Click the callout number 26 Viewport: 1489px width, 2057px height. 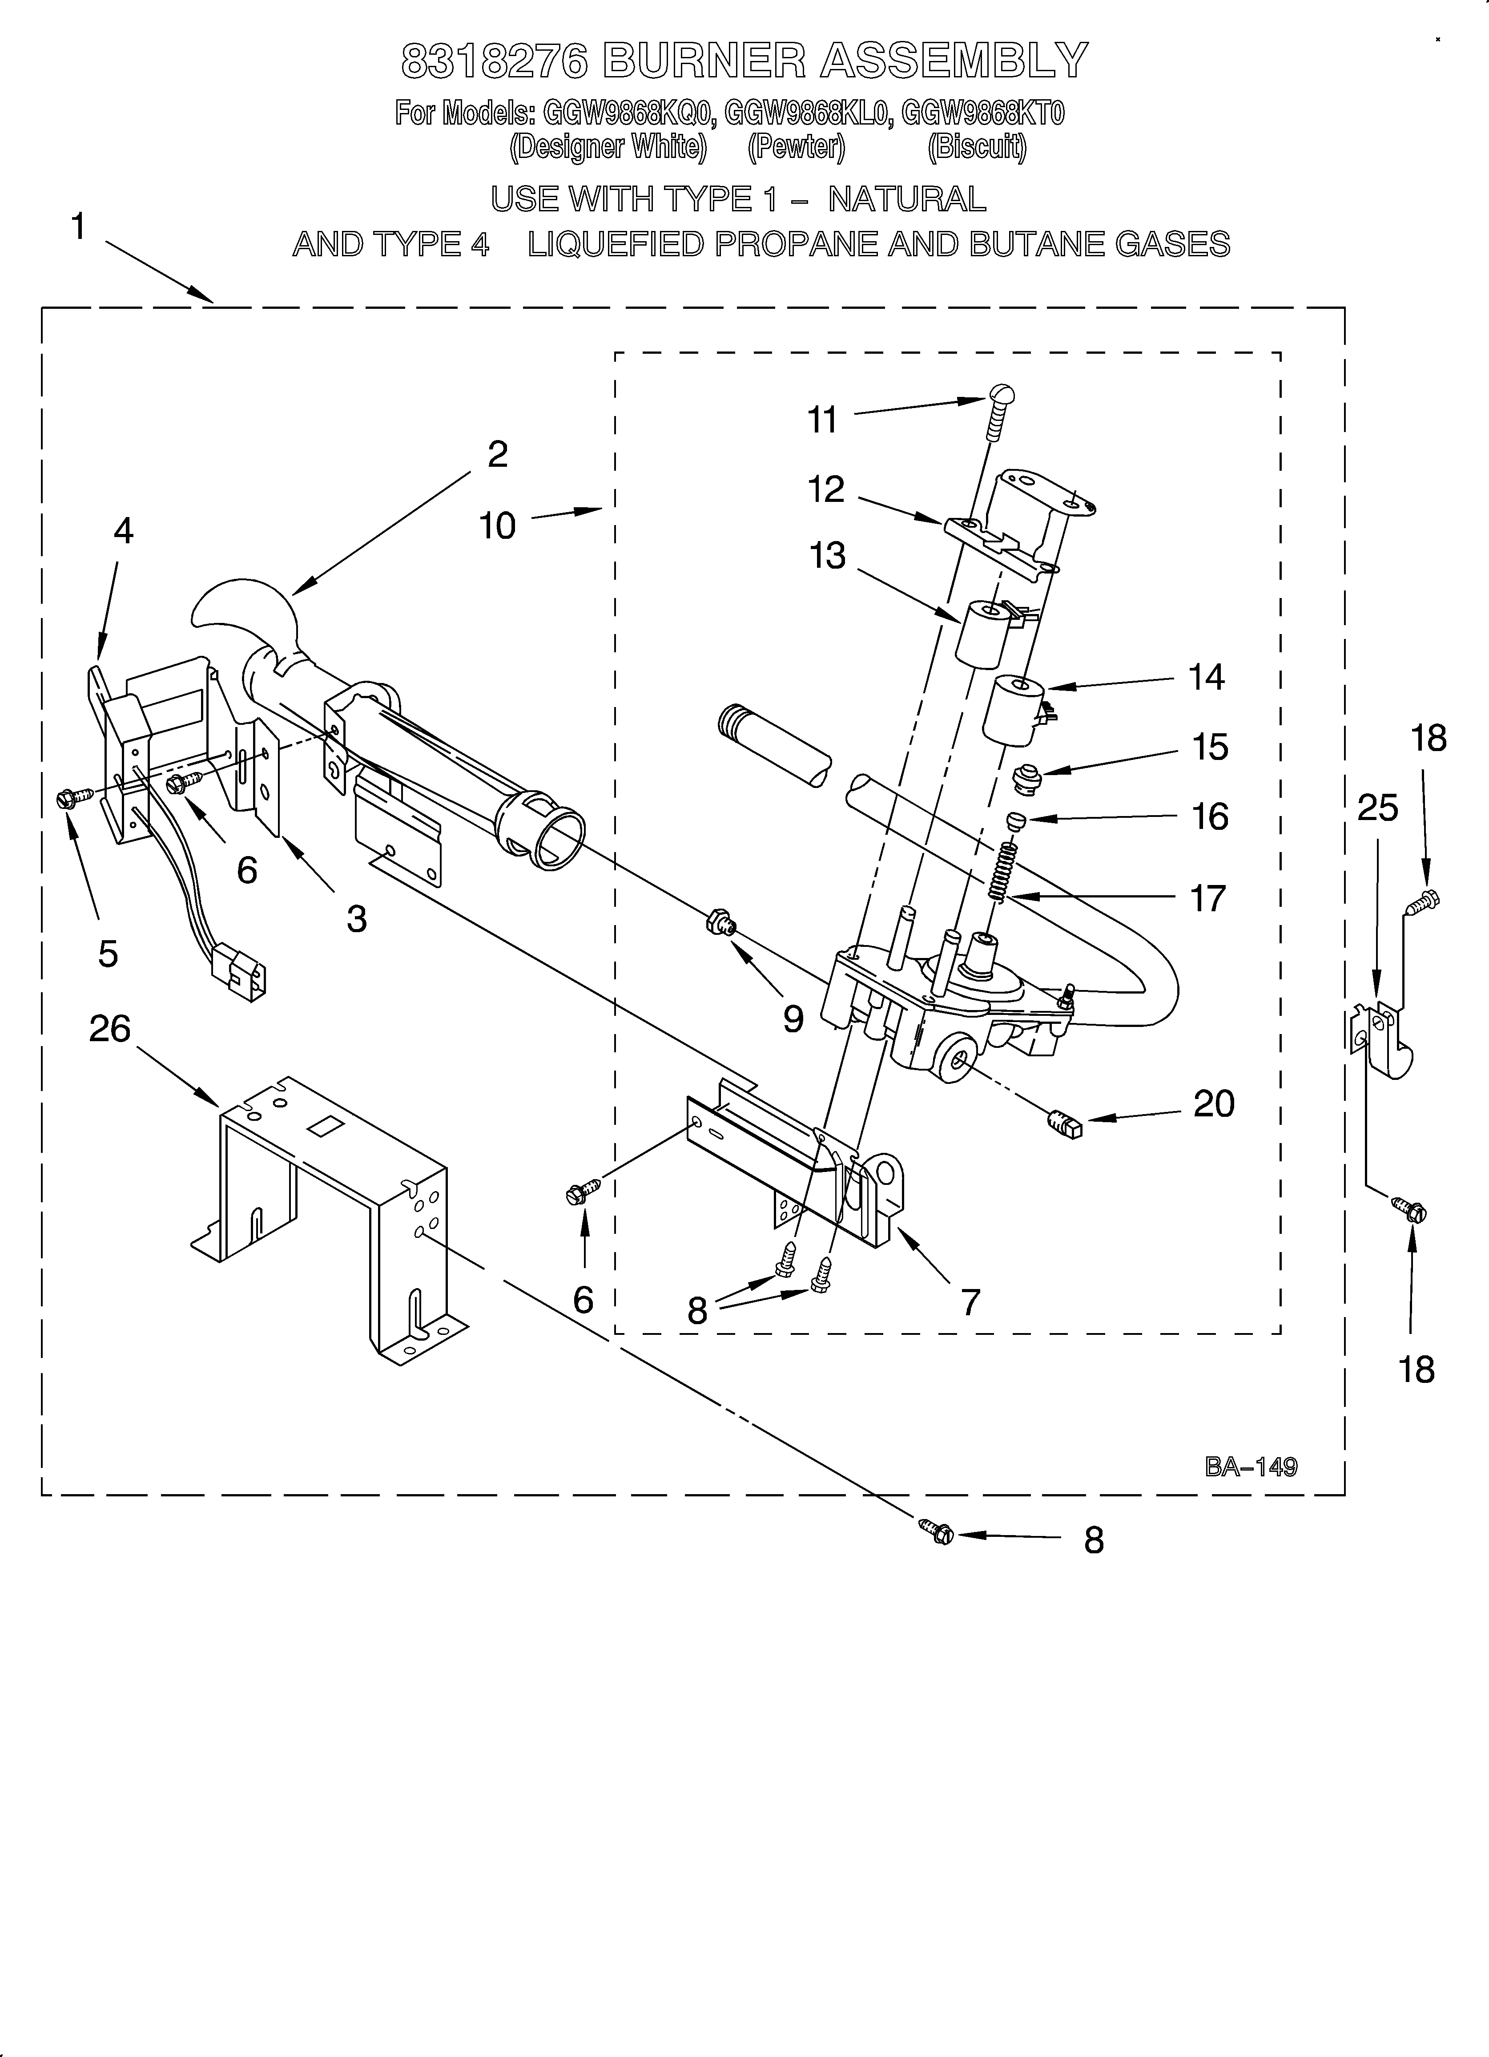[110, 1029]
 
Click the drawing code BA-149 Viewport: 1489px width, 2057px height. [1251, 1467]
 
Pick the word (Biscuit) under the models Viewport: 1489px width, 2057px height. [977, 148]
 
